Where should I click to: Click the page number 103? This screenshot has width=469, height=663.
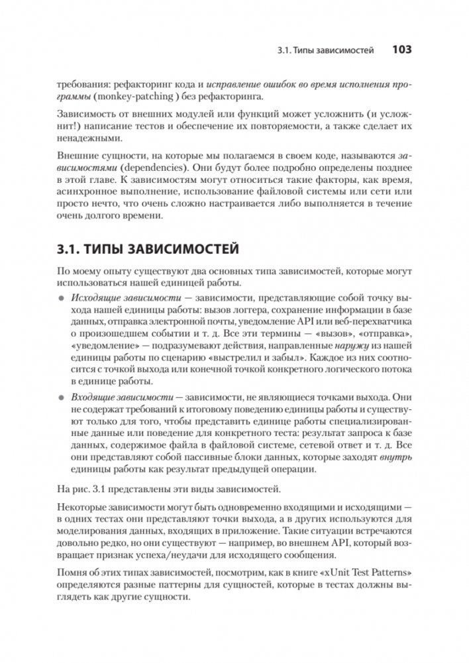(402, 49)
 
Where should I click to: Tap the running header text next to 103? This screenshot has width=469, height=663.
(324, 50)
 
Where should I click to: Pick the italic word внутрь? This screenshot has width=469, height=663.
(396, 458)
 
